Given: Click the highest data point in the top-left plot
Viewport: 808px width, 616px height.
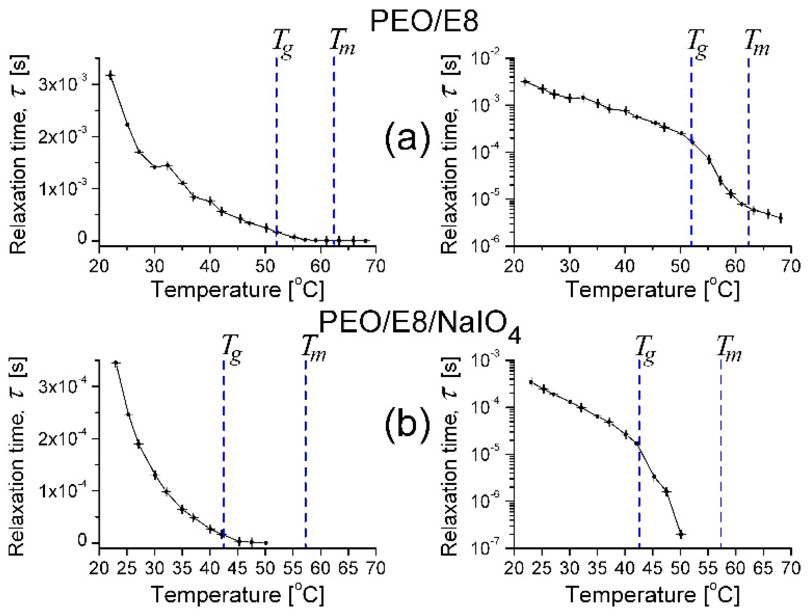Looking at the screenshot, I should [x=110, y=75].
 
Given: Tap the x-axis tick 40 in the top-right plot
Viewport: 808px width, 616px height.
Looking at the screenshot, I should [x=625, y=266].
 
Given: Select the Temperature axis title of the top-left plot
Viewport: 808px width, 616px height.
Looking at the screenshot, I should [x=238, y=290].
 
